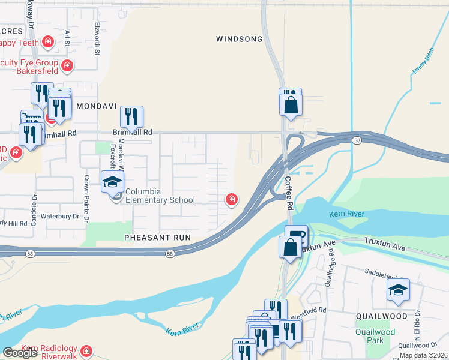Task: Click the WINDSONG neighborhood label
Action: tap(239, 39)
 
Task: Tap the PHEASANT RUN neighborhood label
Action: tap(157, 238)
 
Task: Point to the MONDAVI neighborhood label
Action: tap(94, 106)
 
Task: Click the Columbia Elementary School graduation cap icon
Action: tap(112, 181)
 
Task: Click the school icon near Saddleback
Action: tap(398, 290)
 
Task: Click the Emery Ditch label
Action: tap(423, 62)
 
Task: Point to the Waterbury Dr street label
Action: tap(59, 216)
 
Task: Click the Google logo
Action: tap(19, 353)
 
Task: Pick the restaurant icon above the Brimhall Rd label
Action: tap(131, 116)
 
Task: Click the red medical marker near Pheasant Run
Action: tap(231, 199)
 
